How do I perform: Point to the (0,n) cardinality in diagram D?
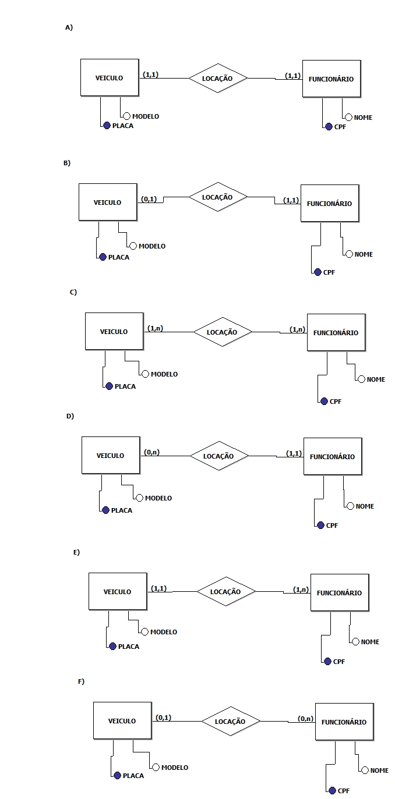click(x=152, y=452)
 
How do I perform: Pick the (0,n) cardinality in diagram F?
click(x=306, y=718)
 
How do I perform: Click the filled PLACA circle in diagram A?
click(x=107, y=126)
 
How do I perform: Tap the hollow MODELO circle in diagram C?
click(x=145, y=374)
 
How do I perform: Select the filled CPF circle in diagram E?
click(x=327, y=661)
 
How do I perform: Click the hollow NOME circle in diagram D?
click(x=350, y=506)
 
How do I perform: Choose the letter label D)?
click(x=70, y=416)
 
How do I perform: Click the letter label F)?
click(x=81, y=681)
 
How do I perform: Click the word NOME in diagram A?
click(x=363, y=118)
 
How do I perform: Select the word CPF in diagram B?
click(x=329, y=272)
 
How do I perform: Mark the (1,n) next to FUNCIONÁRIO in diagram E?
click(x=301, y=590)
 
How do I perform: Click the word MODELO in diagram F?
click(x=175, y=767)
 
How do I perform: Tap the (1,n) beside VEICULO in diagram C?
click(x=156, y=328)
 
